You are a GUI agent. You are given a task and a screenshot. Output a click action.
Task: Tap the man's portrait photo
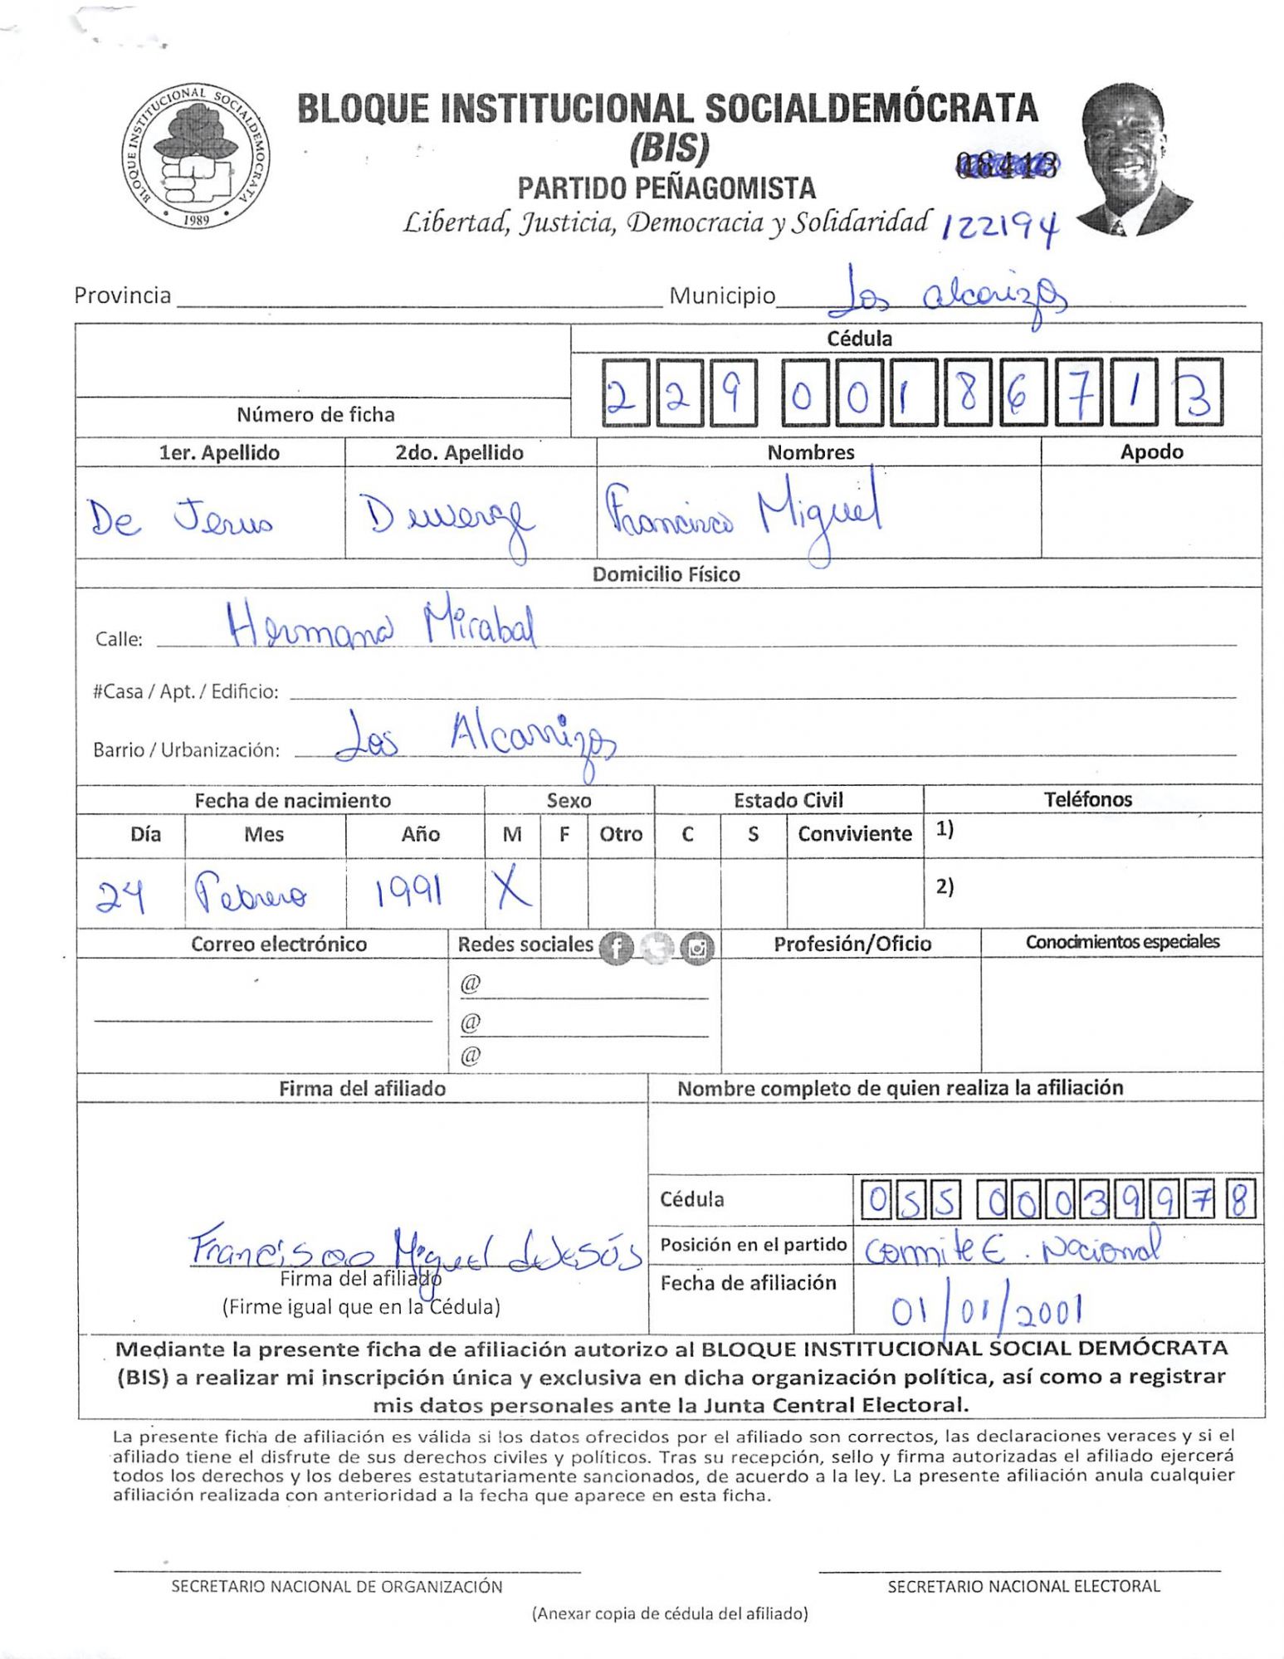(1132, 160)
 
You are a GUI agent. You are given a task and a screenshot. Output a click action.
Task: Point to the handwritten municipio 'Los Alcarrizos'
(946, 297)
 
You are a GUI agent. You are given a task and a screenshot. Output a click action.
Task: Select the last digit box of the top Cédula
(1198, 393)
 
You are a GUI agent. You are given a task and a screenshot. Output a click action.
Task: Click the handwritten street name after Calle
(382, 627)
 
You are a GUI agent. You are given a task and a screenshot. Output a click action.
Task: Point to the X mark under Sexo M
(511, 890)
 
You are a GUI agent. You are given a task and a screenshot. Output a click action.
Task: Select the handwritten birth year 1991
(407, 892)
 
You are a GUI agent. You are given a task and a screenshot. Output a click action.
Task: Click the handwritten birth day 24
(121, 896)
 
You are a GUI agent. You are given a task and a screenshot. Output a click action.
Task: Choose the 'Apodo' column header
(1151, 452)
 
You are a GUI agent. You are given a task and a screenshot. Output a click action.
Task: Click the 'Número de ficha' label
(315, 414)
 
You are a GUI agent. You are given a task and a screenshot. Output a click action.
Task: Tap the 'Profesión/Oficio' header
(852, 944)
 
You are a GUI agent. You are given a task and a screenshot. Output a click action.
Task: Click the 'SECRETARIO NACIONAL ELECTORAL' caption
(1023, 1587)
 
